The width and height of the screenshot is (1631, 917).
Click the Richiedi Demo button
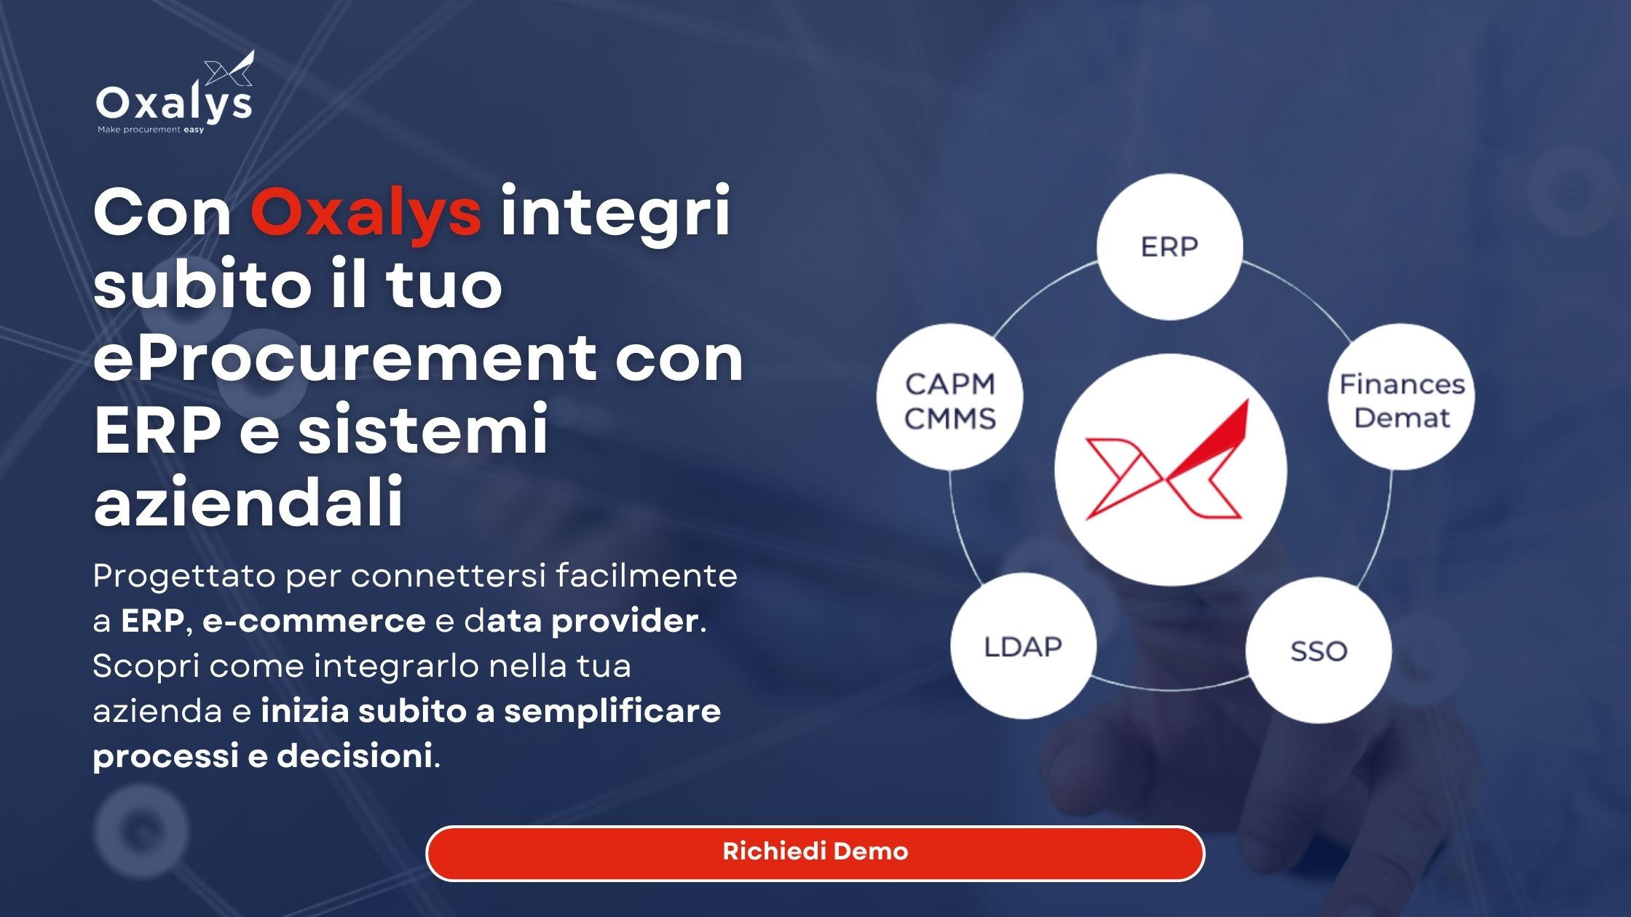pyautogui.click(x=815, y=853)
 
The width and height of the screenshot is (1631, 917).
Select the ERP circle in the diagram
pyautogui.click(x=1169, y=247)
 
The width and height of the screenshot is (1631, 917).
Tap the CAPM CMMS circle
pyautogui.click(x=949, y=397)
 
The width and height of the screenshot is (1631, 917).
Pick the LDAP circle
pyautogui.click(x=1023, y=646)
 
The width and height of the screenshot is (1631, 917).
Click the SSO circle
pyautogui.click(x=1319, y=651)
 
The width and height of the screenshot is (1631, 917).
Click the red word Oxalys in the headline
pyautogui.click(x=366, y=213)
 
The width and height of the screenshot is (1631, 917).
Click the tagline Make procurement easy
pyautogui.click(x=151, y=130)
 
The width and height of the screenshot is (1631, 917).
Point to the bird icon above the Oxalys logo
pyautogui.click(x=229, y=68)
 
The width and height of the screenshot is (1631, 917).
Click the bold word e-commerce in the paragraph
pyautogui.click(x=314, y=621)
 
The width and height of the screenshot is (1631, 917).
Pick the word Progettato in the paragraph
pyautogui.click(x=184, y=577)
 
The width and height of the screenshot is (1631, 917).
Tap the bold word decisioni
pyautogui.click(x=355, y=755)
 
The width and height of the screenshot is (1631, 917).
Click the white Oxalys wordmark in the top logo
pyautogui.click(x=174, y=104)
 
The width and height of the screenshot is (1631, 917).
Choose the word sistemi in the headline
pyautogui.click(x=423, y=429)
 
